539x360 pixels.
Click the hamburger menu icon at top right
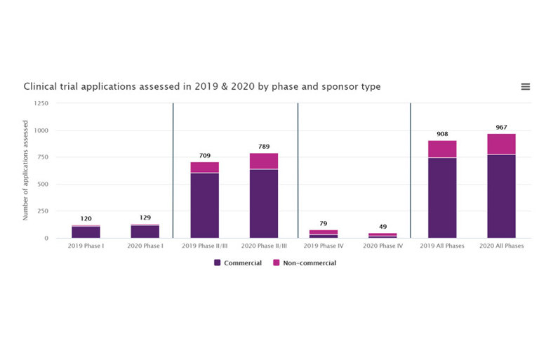[x=525, y=86]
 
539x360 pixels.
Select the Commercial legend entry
[x=238, y=263]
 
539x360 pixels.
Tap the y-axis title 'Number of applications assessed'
[x=25, y=170]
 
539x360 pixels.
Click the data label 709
[x=204, y=155]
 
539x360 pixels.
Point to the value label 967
[x=501, y=127]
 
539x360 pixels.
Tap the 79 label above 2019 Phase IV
[x=323, y=223]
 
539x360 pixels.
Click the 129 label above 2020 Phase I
[x=145, y=218]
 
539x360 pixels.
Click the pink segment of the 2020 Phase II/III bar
[x=264, y=161]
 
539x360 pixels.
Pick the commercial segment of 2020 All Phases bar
[x=501, y=196]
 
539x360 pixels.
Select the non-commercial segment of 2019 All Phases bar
[x=442, y=149]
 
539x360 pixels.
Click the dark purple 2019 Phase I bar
[x=86, y=232]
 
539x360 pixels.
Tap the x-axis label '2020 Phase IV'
[x=382, y=246]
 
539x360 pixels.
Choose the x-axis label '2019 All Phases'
[x=442, y=246]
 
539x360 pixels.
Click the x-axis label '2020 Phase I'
[x=145, y=246]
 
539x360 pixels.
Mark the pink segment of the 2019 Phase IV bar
[x=323, y=232]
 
